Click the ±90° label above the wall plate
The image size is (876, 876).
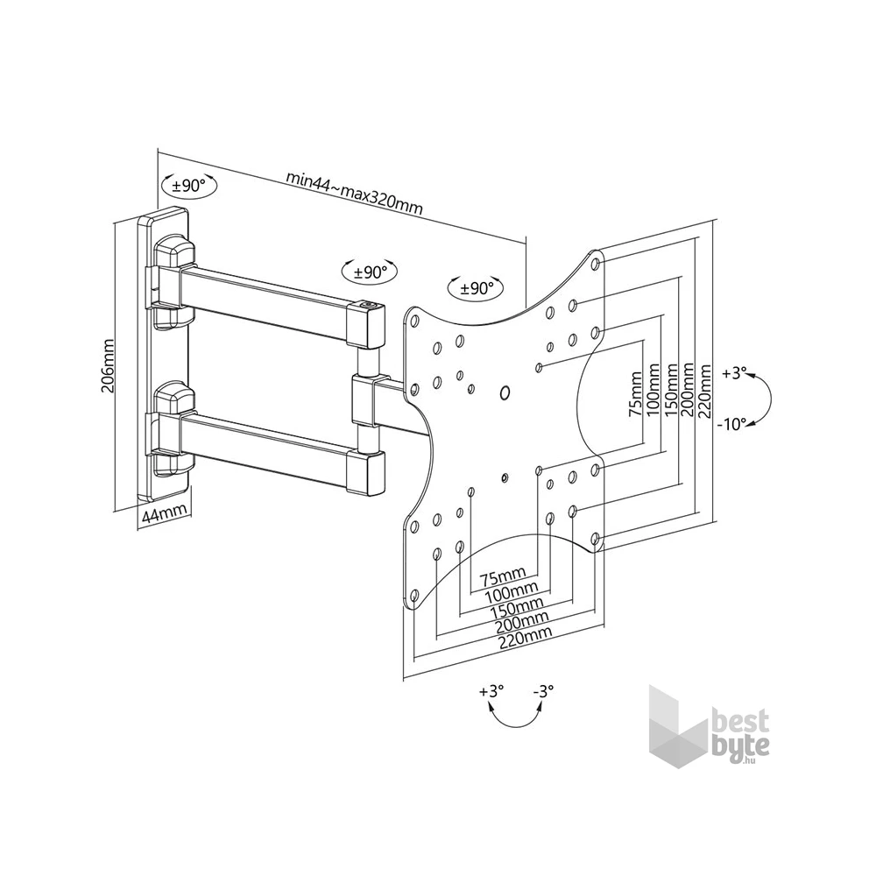pyautogui.click(x=187, y=186)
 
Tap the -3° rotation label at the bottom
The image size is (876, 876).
pyautogui.click(x=543, y=692)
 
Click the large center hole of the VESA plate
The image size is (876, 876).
pyautogui.click(x=505, y=392)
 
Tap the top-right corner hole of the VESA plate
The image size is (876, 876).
pyautogui.click(x=596, y=262)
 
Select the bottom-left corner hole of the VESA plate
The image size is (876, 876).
pyautogui.click(x=413, y=597)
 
